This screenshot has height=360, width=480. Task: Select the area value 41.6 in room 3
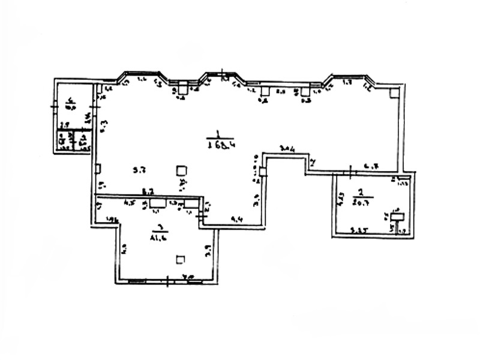tap(160, 237)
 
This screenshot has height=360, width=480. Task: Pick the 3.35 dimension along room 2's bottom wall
tap(359, 229)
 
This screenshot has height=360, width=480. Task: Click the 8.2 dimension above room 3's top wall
tap(148, 191)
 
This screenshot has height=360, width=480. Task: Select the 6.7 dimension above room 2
tap(371, 166)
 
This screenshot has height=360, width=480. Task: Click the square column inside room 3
tap(181, 260)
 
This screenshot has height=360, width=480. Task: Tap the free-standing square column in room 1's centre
tap(181, 171)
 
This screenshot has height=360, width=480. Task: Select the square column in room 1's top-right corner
tap(394, 93)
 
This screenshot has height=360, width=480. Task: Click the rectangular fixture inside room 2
tap(396, 217)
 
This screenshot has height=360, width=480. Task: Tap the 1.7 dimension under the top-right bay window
tap(347, 82)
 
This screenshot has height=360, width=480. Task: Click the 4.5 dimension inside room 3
tap(128, 203)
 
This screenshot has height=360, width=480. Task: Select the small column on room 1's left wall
tap(98, 169)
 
